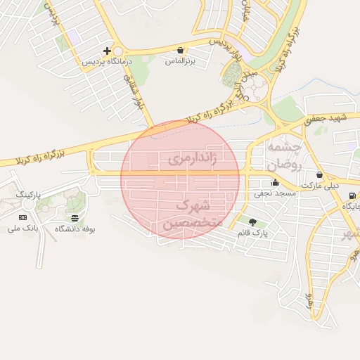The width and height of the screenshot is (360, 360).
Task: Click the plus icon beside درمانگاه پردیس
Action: coord(107,51)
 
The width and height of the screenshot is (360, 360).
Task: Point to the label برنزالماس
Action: coord(179,62)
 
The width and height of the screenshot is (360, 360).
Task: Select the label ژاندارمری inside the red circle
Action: coord(191,160)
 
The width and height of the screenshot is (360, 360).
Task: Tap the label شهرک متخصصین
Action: coord(191,214)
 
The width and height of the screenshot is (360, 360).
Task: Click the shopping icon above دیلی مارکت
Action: coord(320,174)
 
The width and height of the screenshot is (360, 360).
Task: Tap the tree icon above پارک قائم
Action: coord(252,222)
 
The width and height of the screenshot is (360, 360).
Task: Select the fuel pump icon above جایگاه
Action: coord(352,195)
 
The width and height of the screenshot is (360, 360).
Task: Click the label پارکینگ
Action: coord(29,193)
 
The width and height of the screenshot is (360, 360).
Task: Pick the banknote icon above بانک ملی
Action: coord(22,218)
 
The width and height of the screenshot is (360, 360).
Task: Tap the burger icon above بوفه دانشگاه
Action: coord(75,218)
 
